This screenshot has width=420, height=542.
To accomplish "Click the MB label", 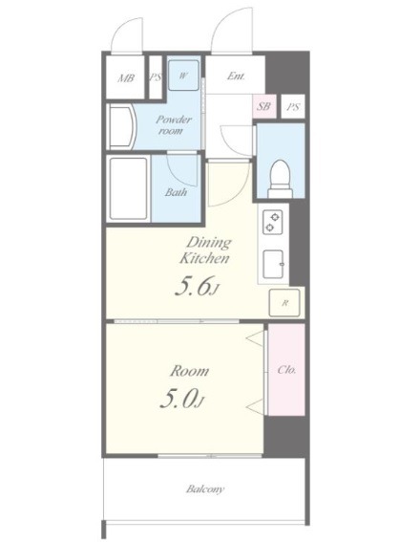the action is [126, 78].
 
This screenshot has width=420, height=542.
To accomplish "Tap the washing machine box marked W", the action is [183, 76].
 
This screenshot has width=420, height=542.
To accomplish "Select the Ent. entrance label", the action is [236, 76].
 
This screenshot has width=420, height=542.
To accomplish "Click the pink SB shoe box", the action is [264, 106].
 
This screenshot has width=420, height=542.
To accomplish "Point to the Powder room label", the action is [173, 125].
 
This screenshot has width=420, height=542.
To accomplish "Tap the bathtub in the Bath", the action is [128, 188].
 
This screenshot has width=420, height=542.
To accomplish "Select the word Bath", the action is [176, 192].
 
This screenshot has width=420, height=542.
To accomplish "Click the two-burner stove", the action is [273, 223].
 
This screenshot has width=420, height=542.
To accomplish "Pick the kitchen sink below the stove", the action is [273, 264].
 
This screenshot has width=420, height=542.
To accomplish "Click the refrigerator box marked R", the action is [284, 303].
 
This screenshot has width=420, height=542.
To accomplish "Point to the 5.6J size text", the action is [197, 286].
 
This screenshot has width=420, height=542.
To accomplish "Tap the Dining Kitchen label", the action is [204, 250].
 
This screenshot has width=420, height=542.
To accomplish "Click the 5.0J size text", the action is [182, 399].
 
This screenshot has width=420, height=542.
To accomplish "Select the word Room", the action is [189, 371].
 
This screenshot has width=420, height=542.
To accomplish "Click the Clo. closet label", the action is [286, 370].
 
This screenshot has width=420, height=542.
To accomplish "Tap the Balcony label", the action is [205, 489].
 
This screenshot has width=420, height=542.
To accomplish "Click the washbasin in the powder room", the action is [121, 127].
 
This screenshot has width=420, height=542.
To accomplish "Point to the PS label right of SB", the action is [293, 106].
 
